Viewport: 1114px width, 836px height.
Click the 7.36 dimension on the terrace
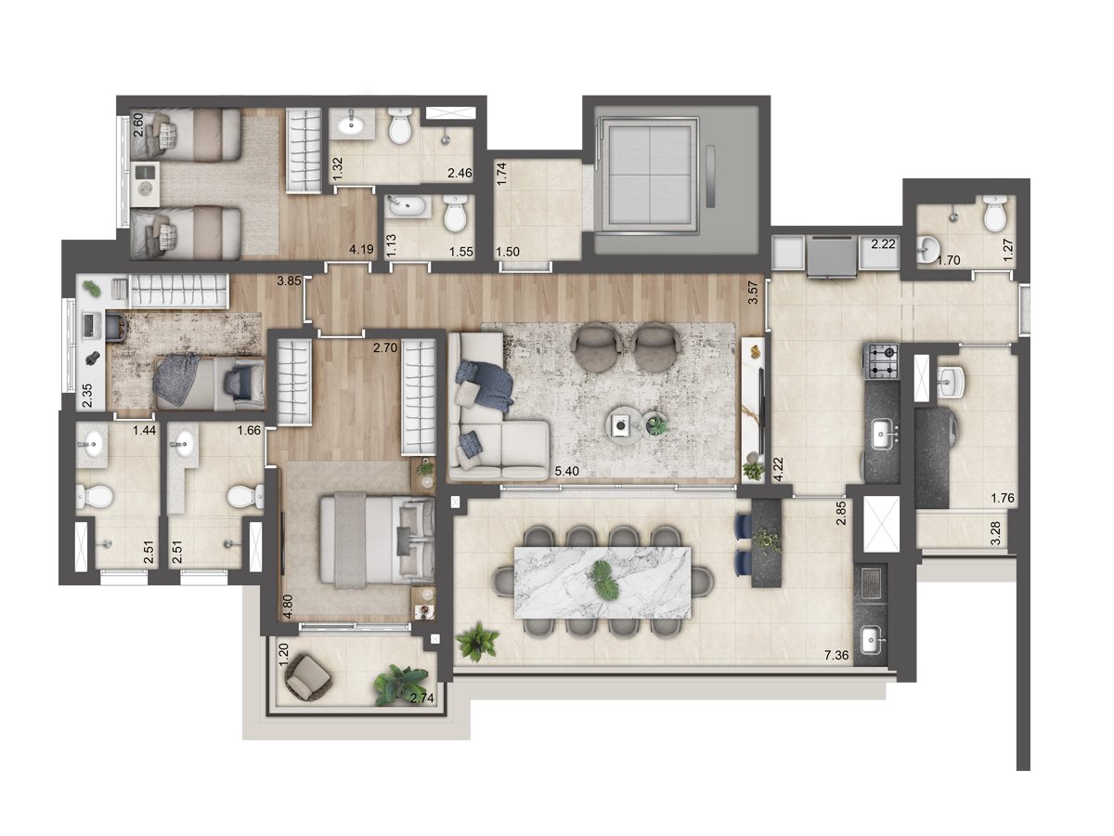[x=836, y=655]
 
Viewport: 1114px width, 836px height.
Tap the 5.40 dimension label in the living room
[x=566, y=471]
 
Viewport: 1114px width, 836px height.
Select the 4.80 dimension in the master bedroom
[x=289, y=607]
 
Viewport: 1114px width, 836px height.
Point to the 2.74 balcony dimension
[x=421, y=698]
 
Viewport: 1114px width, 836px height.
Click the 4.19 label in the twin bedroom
[x=361, y=249]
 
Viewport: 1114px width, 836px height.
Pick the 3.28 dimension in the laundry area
[x=995, y=533]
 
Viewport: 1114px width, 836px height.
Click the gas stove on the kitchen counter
[x=881, y=361]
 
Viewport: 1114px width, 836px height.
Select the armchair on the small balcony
[x=308, y=676]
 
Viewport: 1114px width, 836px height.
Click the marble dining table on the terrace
[x=602, y=581]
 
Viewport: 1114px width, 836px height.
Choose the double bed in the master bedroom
[x=377, y=542]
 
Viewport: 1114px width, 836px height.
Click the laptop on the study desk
[x=90, y=325]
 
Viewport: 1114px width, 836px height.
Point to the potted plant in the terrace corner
[x=477, y=642]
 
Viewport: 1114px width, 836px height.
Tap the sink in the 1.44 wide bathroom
[x=92, y=444]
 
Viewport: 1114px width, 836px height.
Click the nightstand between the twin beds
[x=145, y=184]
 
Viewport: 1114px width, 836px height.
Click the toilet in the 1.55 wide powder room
[x=455, y=215]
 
